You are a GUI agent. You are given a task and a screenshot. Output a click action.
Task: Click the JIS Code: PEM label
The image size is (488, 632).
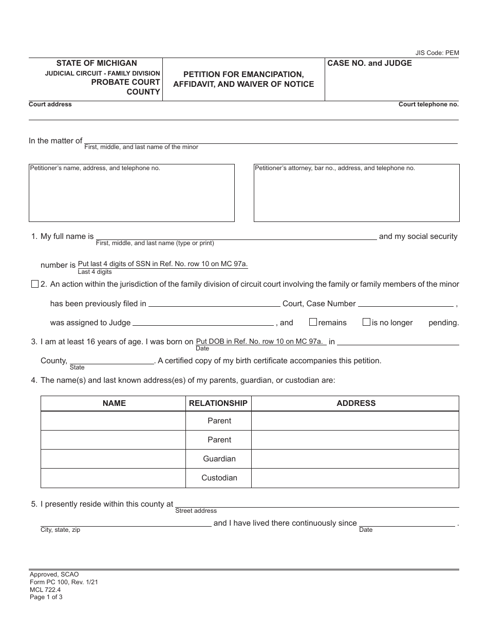pyautogui.click(x=437, y=53)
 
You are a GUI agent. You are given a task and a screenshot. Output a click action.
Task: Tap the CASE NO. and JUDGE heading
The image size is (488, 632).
pyautogui.click(x=369, y=63)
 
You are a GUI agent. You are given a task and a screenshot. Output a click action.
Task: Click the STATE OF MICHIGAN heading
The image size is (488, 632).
pyautogui.click(x=97, y=63)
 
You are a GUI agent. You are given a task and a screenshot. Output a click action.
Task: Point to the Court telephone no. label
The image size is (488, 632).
pyautogui.click(x=428, y=104)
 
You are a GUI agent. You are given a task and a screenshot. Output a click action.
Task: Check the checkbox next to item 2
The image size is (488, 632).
pyautogui.click(x=35, y=284)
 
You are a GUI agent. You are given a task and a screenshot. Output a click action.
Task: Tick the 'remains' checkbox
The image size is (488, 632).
pyautogui.click(x=313, y=322)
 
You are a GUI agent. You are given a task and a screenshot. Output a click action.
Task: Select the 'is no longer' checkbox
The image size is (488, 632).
pyautogui.click(x=366, y=322)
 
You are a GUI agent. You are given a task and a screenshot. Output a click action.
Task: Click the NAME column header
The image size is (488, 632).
pyautogui.click(x=114, y=403)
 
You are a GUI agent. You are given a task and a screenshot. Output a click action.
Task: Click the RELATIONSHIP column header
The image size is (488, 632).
pyautogui.click(x=218, y=403)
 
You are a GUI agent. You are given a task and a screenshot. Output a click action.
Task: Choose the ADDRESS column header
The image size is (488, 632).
pyautogui.click(x=356, y=403)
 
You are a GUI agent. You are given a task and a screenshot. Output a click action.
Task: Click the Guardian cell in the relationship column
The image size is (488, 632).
pyautogui.click(x=219, y=459)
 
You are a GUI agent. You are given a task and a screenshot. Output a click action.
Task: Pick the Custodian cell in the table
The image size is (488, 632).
pyautogui.click(x=219, y=478)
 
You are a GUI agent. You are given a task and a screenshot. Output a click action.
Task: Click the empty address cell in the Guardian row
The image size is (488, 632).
pyautogui.click(x=355, y=459)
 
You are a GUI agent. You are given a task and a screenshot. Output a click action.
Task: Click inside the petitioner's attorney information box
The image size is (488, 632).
pyautogui.click(x=356, y=198)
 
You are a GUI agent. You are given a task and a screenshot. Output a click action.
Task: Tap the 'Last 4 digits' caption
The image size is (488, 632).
pyautogui.click(x=95, y=272)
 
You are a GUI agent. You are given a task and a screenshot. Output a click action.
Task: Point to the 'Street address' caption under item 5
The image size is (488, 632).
pyautogui.click(x=196, y=511)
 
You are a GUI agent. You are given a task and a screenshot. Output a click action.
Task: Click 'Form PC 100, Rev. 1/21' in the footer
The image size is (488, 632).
pyautogui.click(x=64, y=582)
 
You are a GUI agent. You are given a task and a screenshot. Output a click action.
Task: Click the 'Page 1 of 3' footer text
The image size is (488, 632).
pyautogui.click(x=46, y=597)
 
